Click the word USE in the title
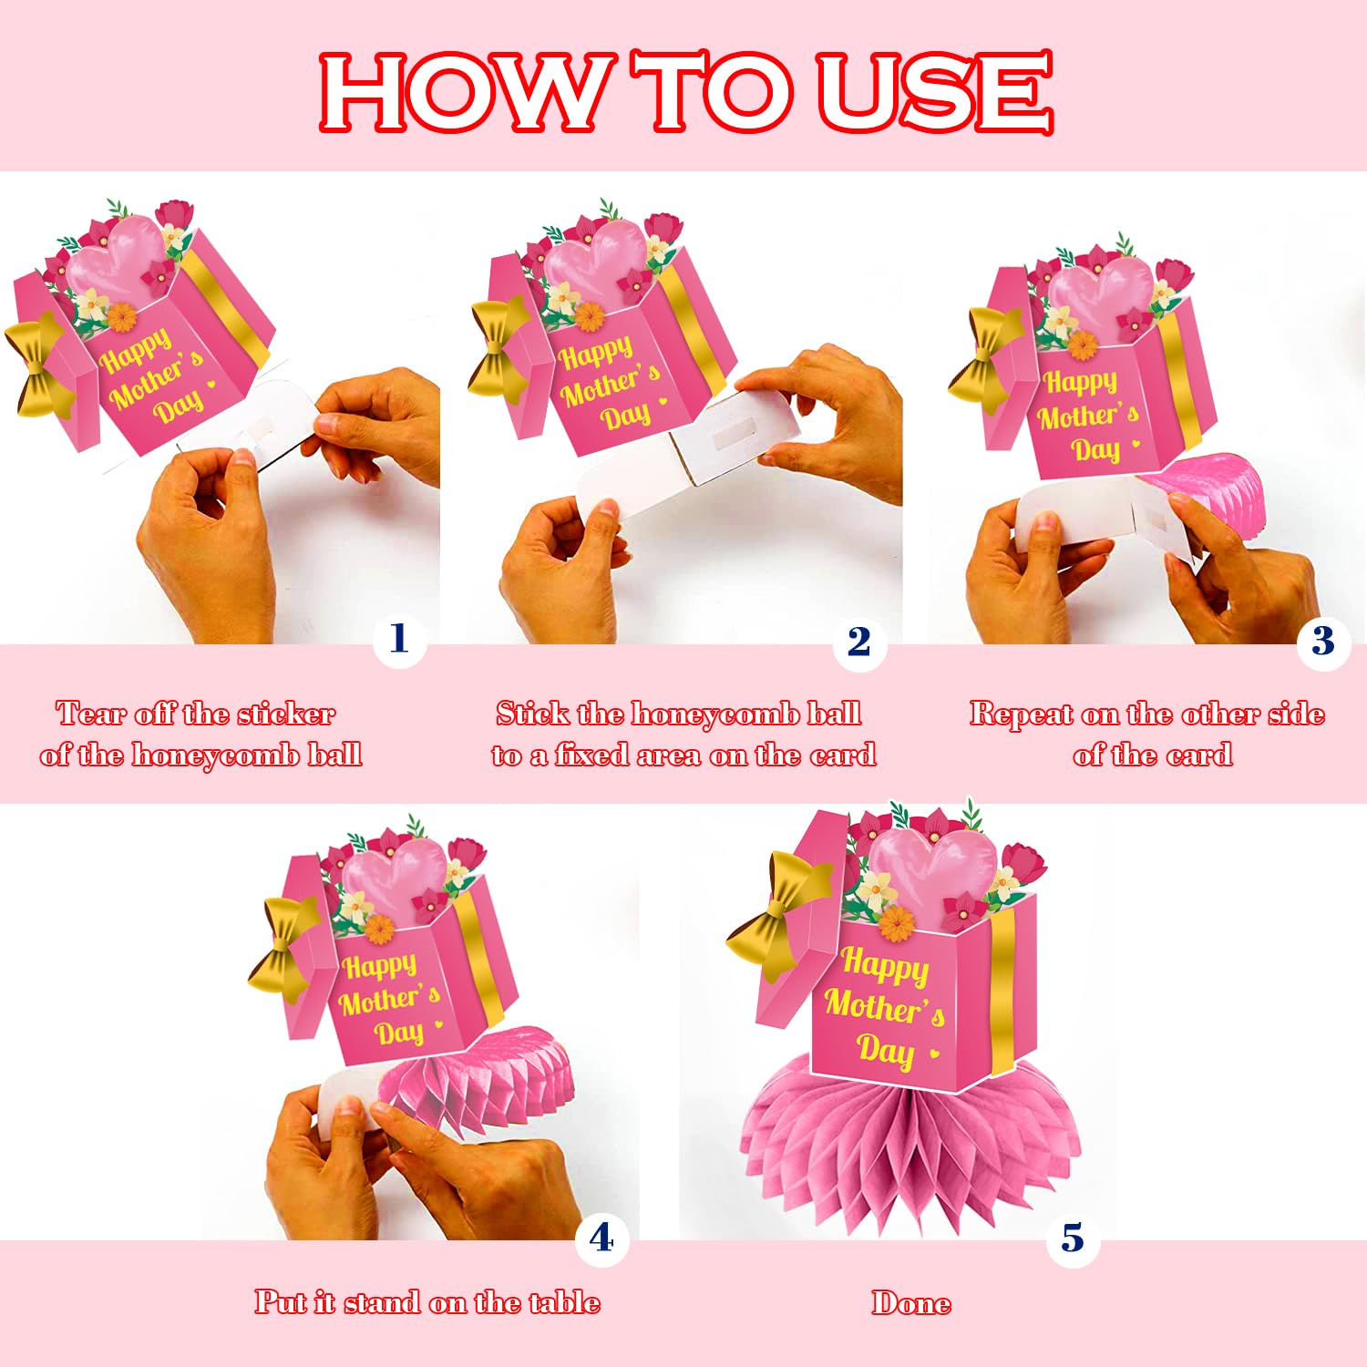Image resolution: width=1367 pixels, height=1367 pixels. tap(935, 91)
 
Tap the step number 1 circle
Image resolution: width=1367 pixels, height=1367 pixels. tap(399, 640)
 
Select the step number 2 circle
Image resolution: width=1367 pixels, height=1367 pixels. tap(859, 642)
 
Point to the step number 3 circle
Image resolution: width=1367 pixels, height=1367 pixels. tap(1323, 642)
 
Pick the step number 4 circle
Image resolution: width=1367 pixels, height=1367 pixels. tap(601, 1239)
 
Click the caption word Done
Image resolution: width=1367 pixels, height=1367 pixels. tap(911, 1303)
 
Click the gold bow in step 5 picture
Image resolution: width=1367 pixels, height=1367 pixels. tap(780, 911)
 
